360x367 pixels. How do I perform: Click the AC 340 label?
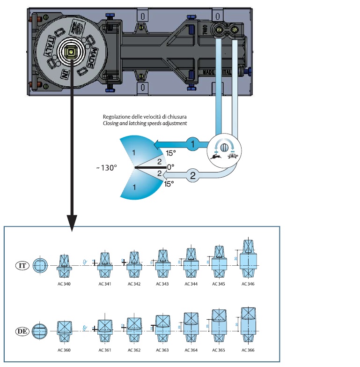[64, 284]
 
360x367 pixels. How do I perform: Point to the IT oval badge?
[22, 265]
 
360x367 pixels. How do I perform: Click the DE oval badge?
[22, 331]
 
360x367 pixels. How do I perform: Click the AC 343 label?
[162, 284]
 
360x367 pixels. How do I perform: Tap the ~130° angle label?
[105, 167]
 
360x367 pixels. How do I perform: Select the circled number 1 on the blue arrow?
[193, 145]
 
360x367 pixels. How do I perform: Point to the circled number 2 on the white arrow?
[193, 177]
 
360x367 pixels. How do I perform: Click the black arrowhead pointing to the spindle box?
[71, 222]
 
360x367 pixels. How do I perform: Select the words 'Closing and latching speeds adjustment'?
[145, 123]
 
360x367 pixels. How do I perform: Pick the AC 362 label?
[134, 350]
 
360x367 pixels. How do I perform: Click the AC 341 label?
[105, 284]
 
